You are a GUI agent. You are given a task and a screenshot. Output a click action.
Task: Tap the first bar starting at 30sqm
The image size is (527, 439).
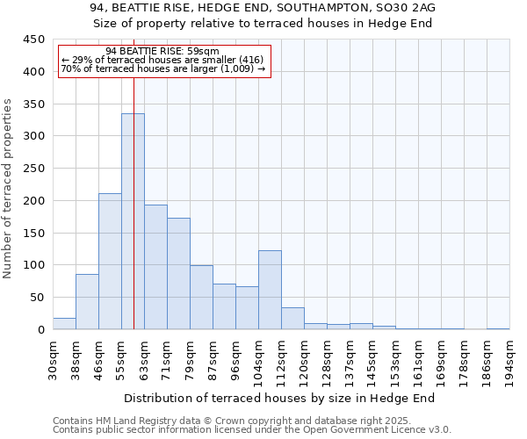pos(64,323)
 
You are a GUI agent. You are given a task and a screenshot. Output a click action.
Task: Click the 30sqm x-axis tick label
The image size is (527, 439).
pos(54,357)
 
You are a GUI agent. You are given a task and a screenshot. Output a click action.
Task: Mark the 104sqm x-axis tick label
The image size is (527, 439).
pos(259,360)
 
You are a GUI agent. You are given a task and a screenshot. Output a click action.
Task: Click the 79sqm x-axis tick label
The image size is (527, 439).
pos(191,357)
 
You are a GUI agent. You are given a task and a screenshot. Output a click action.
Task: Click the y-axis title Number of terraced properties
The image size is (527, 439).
pos(9,189)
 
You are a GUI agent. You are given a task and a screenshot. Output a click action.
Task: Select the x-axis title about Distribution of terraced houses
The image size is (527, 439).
pos(280,398)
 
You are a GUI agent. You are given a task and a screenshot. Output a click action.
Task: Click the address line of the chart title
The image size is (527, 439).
pos(263,7)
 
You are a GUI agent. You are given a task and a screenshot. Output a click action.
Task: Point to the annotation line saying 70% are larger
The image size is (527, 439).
pos(163,68)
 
